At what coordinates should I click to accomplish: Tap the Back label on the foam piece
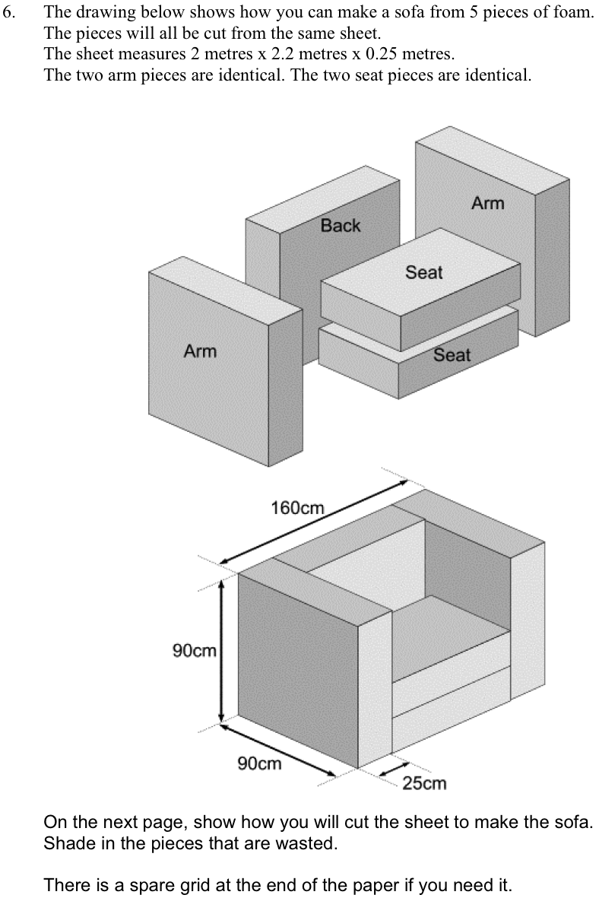coord(340,225)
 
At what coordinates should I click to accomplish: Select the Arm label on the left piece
coord(200,351)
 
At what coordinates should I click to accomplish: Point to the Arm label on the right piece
coord(487,203)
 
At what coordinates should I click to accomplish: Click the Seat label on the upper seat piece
coord(423,272)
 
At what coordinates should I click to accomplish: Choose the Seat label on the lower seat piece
coord(452,354)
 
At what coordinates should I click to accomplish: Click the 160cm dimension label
coord(297,507)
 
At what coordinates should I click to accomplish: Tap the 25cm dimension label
coord(424,783)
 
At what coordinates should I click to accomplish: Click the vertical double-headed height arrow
coord(222,652)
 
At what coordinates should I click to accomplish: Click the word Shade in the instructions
coord(67,844)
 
